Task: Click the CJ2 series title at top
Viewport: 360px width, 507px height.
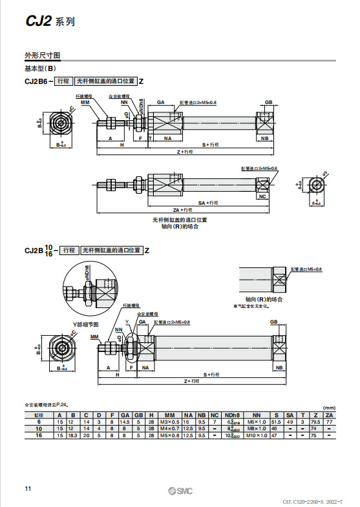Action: pyautogui.click(x=49, y=21)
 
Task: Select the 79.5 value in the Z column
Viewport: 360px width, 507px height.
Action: pyautogui.click(x=315, y=421)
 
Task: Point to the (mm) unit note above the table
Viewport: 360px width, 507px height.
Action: pyautogui.click(x=329, y=408)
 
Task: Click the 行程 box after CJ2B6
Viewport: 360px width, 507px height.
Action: pyautogui.click(x=63, y=81)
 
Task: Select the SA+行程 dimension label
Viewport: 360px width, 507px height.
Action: pyautogui.click(x=207, y=202)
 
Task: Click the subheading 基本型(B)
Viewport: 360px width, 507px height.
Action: pyautogui.click(x=41, y=68)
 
